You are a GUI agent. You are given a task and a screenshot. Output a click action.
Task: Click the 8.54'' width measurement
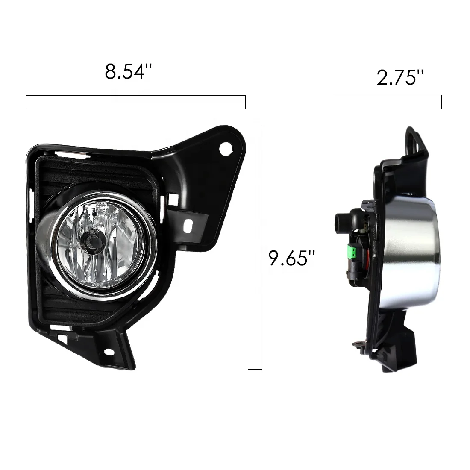(x=129, y=71)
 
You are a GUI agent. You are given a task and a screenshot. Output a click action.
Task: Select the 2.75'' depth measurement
(x=400, y=78)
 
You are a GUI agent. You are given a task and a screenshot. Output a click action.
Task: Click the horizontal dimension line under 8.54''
(x=135, y=97)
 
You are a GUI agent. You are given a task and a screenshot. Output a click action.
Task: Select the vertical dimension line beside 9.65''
(x=261, y=247)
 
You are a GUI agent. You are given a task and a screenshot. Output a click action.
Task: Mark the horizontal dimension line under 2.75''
(x=388, y=97)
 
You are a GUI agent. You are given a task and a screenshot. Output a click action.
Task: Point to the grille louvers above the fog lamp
(x=77, y=179)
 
